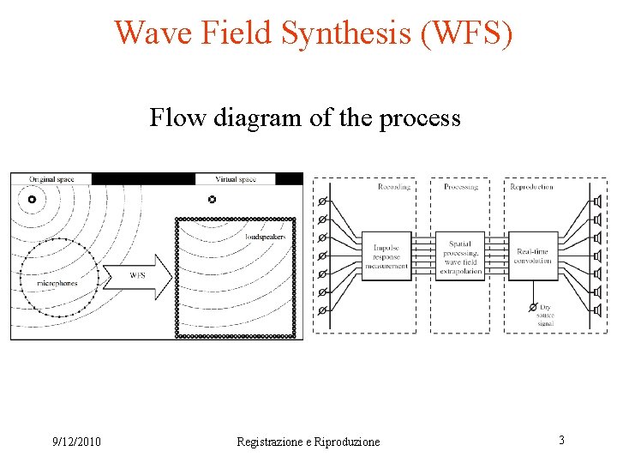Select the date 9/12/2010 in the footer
(x=76, y=442)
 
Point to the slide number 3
(x=561, y=440)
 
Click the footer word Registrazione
(x=273, y=442)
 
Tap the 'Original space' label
(x=51, y=179)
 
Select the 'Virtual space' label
(x=236, y=179)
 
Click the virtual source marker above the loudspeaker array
(x=212, y=199)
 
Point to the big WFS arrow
(x=136, y=275)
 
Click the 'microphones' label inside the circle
(x=57, y=282)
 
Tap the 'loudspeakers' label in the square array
(x=265, y=236)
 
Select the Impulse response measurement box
(x=386, y=255)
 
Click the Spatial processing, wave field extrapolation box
(x=460, y=255)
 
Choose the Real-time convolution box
(x=533, y=255)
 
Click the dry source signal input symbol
(x=533, y=307)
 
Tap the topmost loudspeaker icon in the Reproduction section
(x=597, y=202)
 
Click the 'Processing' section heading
(x=460, y=187)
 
